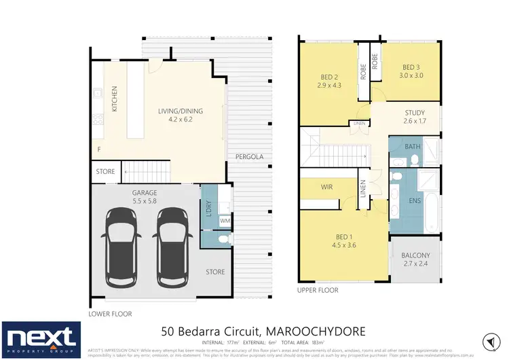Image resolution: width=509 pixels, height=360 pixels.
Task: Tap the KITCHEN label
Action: pyautogui.click(x=115, y=98)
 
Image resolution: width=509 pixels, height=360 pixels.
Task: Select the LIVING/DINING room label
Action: pyautogui.click(x=180, y=112)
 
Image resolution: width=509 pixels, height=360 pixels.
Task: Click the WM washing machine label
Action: pyautogui.click(x=225, y=221)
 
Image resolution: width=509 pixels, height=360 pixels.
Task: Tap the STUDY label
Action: pyautogui.click(x=415, y=113)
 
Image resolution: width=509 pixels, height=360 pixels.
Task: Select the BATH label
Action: pyautogui.click(x=413, y=147)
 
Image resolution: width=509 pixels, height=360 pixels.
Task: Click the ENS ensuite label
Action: pyautogui.click(x=415, y=201)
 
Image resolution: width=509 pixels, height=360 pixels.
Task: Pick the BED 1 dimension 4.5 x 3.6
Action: pyautogui.click(x=346, y=246)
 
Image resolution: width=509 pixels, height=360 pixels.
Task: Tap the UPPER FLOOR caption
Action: pyautogui.click(x=318, y=290)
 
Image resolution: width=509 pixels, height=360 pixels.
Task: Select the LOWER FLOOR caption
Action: pyautogui.click(x=111, y=314)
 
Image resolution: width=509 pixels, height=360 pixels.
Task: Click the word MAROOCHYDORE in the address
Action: pyautogui.click(x=319, y=331)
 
